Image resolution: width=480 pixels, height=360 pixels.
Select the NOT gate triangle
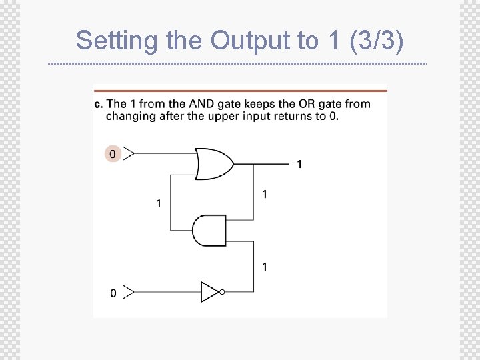pos(209,291)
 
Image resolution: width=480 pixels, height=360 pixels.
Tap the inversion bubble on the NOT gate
pos(222,291)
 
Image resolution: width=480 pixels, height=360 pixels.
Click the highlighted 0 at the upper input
pos(112,154)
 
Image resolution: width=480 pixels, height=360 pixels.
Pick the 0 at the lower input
pos(113,293)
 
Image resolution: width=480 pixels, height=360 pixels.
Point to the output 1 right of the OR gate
pos(299,164)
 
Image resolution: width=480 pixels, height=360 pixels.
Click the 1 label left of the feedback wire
pos(158,203)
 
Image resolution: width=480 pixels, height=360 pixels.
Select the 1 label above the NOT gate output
pos(265,267)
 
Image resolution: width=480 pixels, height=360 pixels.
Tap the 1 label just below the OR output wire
pos(265,194)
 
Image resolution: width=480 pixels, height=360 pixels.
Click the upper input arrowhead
pos(129,154)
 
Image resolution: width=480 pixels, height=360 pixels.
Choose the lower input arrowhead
pos(129,292)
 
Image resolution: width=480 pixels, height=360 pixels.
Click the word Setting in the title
pos(117,41)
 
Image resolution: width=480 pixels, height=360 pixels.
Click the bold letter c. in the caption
pos(99,103)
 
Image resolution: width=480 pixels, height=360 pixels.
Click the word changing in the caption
pos(129,115)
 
